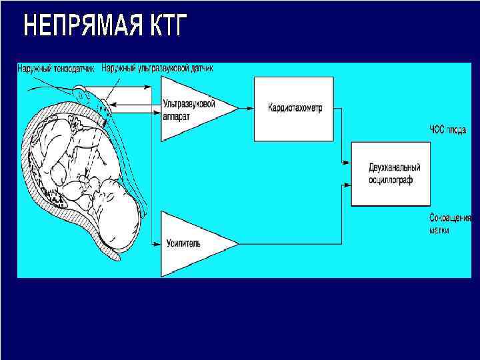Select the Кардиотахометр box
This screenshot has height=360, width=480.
pyautogui.click(x=294, y=108)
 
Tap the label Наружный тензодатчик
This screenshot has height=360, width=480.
pyautogui.click(x=58, y=68)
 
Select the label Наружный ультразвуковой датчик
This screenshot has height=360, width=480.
pyautogui.click(x=157, y=68)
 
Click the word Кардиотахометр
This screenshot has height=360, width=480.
pyautogui.click(x=295, y=108)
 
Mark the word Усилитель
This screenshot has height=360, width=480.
pyautogui.click(x=182, y=244)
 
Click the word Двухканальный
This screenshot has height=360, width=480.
pyautogui.click(x=395, y=167)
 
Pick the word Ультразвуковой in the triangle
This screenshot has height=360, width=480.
pyautogui.click(x=189, y=103)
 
